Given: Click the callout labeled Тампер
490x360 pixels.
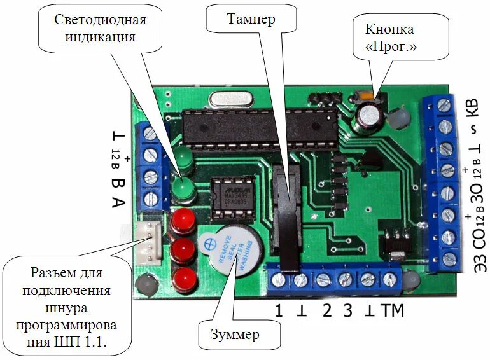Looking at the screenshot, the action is point(251,20).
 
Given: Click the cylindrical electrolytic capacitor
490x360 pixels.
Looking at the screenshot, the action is point(368,116).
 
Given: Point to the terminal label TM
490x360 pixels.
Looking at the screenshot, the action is point(392,312).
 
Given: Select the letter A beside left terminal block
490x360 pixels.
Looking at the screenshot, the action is point(118,204).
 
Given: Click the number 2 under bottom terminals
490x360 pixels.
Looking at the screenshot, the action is point(327,312).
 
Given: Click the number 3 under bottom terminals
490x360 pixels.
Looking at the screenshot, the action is point(347,312).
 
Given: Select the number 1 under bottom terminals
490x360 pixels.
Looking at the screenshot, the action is point(278,312).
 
